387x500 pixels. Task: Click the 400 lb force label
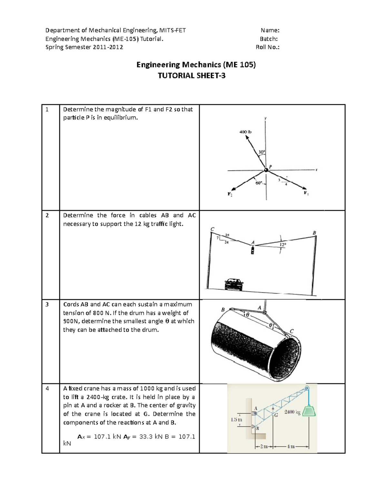[x=245, y=132]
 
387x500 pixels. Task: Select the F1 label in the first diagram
[x=306, y=193]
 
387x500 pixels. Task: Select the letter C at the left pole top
[x=212, y=229]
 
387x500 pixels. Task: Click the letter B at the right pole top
[x=314, y=232]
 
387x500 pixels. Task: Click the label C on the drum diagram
[x=292, y=331]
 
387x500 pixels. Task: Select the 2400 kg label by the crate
[x=292, y=412]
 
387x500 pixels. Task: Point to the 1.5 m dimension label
[x=236, y=420]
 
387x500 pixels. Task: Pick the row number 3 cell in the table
[x=47, y=304]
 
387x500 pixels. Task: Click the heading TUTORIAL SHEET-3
[x=191, y=76]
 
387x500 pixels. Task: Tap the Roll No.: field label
[x=267, y=47]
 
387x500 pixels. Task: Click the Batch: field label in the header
[x=269, y=39]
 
